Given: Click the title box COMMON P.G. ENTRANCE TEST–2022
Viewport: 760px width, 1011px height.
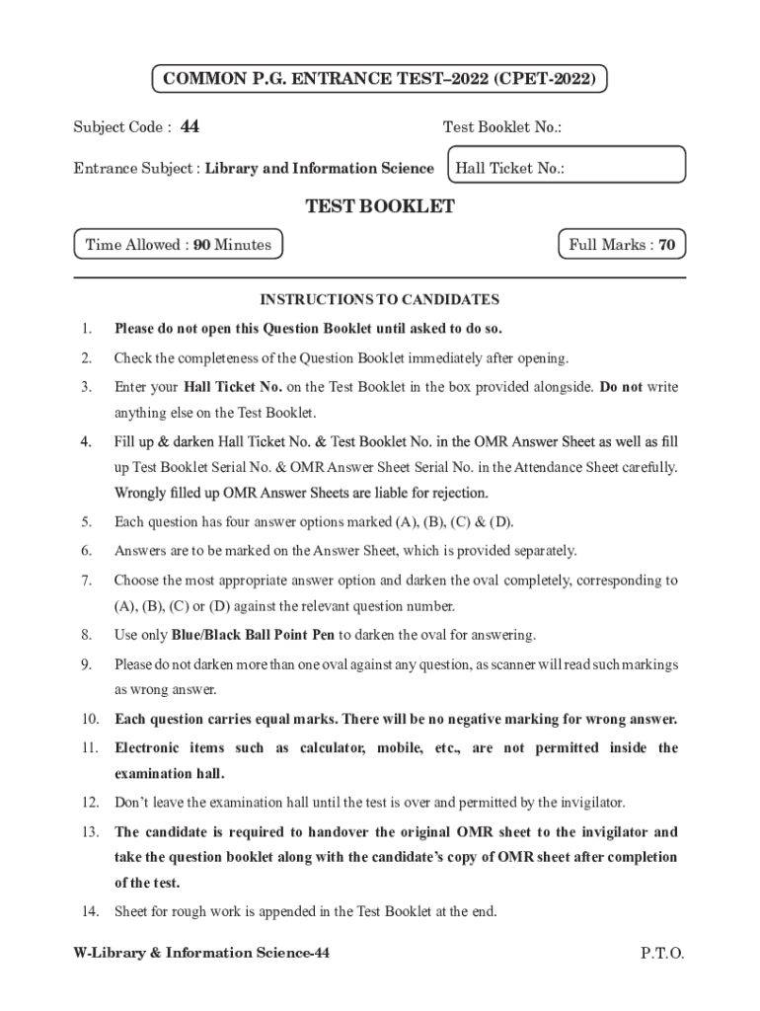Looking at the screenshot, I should pyautogui.click(x=379, y=79).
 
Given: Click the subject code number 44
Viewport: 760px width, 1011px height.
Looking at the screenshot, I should pyautogui.click(x=190, y=126).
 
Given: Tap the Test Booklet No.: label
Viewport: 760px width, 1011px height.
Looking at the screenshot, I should pyautogui.click(x=502, y=127).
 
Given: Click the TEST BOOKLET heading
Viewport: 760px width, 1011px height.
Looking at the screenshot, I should pyautogui.click(x=380, y=206).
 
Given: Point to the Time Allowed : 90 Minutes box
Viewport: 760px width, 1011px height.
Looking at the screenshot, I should pyautogui.click(x=179, y=245).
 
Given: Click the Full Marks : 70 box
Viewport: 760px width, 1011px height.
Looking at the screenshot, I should pyautogui.click(x=622, y=245).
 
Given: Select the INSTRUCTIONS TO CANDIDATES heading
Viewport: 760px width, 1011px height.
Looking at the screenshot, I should pyautogui.click(x=380, y=299).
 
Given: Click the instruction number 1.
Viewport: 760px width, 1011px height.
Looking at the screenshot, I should pyautogui.click(x=87, y=328).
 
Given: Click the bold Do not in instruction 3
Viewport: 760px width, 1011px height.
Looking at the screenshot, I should pyautogui.click(x=621, y=386).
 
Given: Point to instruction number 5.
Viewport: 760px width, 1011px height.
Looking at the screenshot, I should pyautogui.click(x=87, y=521).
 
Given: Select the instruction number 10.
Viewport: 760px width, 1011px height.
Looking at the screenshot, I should pyautogui.click(x=90, y=718).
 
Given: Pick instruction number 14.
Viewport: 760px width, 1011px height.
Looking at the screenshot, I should pyautogui.click(x=90, y=911).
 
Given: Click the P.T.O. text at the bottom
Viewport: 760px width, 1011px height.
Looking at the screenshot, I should pyautogui.click(x=661, y=953).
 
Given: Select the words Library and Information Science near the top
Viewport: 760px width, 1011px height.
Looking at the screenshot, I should pyautogui.click(x=319, y=168).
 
